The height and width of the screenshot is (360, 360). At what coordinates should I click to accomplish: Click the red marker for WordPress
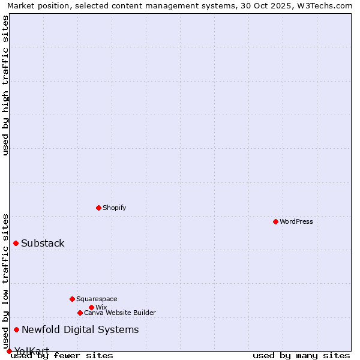click(x=275, y=221)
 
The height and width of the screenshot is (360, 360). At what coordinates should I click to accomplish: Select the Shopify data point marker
click(x=98, y=208)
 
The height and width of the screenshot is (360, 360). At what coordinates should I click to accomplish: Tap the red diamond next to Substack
click(x=16, y=243)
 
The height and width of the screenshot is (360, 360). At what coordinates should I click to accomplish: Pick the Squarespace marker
click(x=72, y=299)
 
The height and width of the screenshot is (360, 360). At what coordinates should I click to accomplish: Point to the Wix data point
click(x=91, y=307)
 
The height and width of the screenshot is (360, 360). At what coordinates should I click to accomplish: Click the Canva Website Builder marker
click(x=80, y=313)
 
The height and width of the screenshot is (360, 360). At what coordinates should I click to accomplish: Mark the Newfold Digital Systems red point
click(x=16, y=329)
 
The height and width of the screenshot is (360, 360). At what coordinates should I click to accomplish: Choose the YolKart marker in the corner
click(x=9, y=351)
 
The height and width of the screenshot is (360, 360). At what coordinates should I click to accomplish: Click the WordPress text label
click(x=296, y=221)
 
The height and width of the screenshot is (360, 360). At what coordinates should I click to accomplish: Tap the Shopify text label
click(x=114, y=208)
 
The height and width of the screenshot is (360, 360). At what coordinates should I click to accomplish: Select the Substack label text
click(x=43, y=243)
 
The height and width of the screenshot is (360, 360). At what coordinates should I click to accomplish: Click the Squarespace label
click(x=97, y=299)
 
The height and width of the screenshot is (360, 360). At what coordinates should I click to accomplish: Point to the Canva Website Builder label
click(x=120, y=313)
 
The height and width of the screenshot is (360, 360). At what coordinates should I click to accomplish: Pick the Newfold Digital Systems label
click(x=80, y=329)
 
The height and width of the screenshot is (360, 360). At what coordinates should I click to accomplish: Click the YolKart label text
click(x=32, y=351)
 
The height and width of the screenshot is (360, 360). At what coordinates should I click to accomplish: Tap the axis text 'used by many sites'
click(x=301, y=356)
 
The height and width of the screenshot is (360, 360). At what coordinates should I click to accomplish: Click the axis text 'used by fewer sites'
click(x=62, y=356)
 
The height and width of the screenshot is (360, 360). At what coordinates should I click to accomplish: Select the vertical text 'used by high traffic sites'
click(x=5, y=85)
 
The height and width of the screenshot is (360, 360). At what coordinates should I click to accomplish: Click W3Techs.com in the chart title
click(x=328, y=5)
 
